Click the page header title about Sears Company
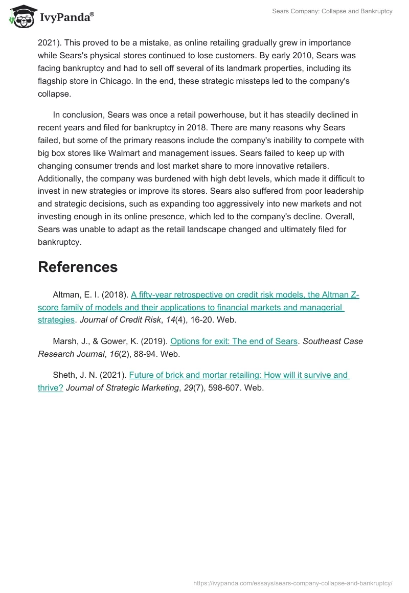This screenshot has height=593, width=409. coord(332,11)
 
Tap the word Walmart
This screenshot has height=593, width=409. coord(139,153)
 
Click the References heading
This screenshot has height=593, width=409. coord(78,267)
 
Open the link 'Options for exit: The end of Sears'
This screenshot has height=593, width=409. coord(234,341)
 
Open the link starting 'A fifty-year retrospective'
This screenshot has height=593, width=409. coord(245,295)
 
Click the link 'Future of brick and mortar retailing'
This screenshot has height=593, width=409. coord(239,375)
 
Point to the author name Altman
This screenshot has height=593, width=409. coord(66,295)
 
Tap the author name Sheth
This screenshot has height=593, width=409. coord(64,375)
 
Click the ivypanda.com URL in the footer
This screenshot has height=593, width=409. coord(292,583)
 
